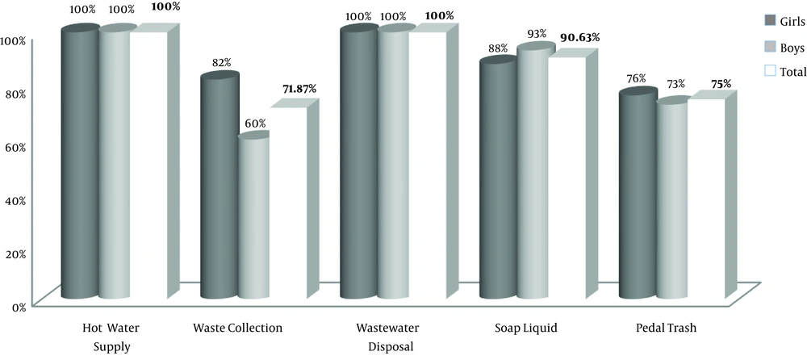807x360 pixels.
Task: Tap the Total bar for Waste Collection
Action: [288, 202]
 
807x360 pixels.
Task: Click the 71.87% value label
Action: [298, 88]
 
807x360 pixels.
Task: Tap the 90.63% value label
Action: [582, 37]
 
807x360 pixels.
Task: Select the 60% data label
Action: [254, 123]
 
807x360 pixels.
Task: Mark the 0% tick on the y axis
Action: [19, 305]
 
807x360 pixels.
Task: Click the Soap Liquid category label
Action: [526, 328]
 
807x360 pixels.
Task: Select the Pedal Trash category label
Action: [666, 328]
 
